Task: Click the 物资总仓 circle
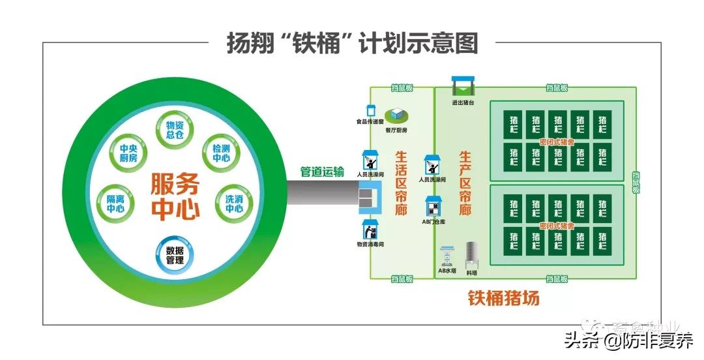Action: click(175, 129)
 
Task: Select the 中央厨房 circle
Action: click(128, 153)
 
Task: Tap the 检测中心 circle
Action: click(221, 153)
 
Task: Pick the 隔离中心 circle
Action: click(115, 203)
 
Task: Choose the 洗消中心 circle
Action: click(234, 203)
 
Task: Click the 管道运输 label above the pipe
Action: click(322, 172)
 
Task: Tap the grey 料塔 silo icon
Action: click(473, 254)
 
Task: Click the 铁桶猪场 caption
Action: click(503, 299)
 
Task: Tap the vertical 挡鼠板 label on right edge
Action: click(636, 183)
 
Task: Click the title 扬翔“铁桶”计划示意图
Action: click(352, 43)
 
